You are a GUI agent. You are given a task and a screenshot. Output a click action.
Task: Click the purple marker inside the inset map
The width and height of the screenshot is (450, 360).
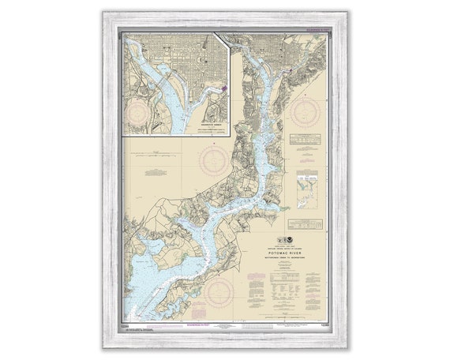(x=223, y=88)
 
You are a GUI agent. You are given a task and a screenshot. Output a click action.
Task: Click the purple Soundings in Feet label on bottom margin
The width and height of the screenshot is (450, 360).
(x=207, y=324)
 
